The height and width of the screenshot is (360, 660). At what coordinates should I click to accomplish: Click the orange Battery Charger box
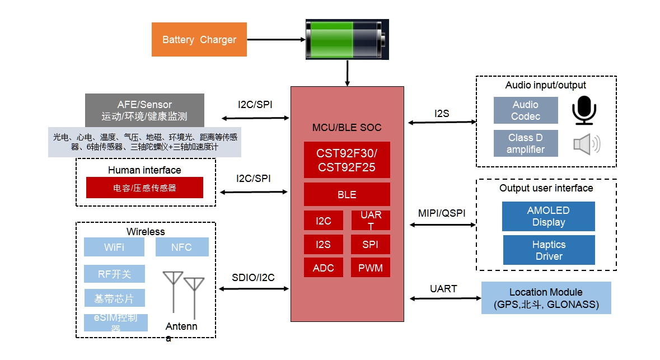pyautogui.click(x=199, y=40)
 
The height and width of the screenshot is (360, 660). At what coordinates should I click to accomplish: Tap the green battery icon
pyautogui.click(x=347, y=39)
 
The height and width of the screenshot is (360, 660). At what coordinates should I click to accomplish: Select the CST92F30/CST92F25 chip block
pyautogui.click(x=347, y=160)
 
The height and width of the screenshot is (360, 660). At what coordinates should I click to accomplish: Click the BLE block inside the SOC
pyautogui.click(x=347, y=195)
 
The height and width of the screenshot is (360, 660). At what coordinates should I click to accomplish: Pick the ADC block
pyautogui.click(x=323, y=268)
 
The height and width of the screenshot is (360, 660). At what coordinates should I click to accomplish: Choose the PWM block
pyautogui.click(x=371, y=268)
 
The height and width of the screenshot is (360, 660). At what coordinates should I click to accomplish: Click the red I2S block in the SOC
pyautogui.click(x=323, y=245)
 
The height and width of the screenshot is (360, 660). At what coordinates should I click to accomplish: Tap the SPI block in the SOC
pyautogui.click(x=371, y=245)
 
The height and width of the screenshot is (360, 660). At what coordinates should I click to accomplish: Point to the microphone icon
pyautogui.click(x=584, y=110)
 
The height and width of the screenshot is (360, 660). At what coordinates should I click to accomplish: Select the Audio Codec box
pyautogui.click(x=526, y=110)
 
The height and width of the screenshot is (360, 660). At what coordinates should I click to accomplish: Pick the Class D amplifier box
pyautogui.click(x=526, y=143)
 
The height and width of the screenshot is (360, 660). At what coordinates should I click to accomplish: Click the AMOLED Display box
pyautogui.click(x=548, y=217)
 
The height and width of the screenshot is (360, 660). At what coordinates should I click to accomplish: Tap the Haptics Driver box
pyautogui.click(x=549, y=250)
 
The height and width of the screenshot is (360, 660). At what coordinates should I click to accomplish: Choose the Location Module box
pyautogui.click(x=546, y=298)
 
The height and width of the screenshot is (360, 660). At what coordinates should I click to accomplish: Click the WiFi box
pyautogui.click(x=114, y=247)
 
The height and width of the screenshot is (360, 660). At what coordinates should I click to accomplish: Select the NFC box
pyautogui.click(x=181, y=247)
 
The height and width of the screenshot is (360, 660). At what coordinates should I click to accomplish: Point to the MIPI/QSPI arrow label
pyautogui.click(x=442, y=213)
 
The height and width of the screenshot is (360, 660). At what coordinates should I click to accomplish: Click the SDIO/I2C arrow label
pyautogui.click(x=253, y=278)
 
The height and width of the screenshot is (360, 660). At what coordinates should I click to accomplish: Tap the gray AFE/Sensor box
pyautogui.click(x=144, y=110)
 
